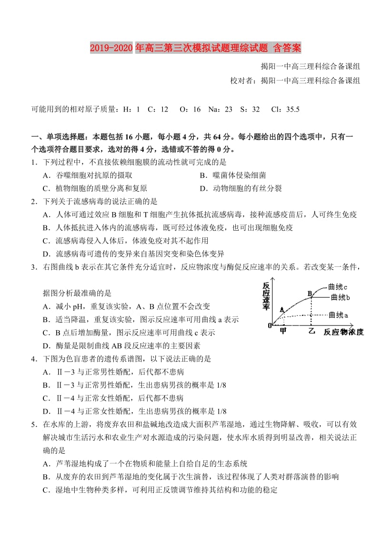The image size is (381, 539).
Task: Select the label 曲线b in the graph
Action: pyautogui.click(x=341, y=297)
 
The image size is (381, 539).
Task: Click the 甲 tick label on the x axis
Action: pyautogui.click(x=283, y=331)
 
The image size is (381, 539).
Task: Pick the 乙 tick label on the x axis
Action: pyautogui.click(x=312, y=331)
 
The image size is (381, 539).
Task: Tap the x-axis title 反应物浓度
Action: pyautogui.click(x=343, y=332)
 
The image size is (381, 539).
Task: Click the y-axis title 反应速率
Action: pyautogui.click(x=266, y=296)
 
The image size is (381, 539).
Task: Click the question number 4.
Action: pyautogui.click(x=33, y=358)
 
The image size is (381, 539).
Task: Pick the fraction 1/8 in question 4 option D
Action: pyautogui.click(x=221, y=411)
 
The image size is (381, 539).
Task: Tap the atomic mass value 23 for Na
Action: pyautogui.click(x=228, y=110)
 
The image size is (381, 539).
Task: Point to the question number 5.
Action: pyautogui.click(x=33, y=424)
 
